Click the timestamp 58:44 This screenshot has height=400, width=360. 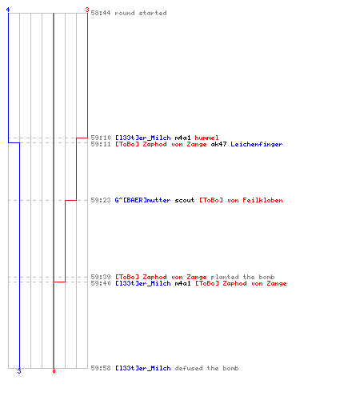pyautogui.click(x=101, y=13)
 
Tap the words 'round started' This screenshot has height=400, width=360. pyautogui.click(x=141, y=13)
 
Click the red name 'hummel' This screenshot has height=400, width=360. pyautogui.click(x=206, y=138)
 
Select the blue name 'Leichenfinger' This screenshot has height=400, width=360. pyautogui.click(x=257, y=144)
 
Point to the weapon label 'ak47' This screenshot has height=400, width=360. pyautogui.click(x=218, y=144)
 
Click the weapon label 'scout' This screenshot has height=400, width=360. pyautogui.click(x=185, y=200)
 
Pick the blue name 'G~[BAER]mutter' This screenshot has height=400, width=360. pyautogui.click(x=142, y=200)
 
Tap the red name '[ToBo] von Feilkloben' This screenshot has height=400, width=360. pyautogui.click(x=241, y=200)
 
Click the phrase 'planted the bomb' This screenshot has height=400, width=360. pyautogui.click(x=242, y=277)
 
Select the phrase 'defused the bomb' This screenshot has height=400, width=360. pyautogui.click(x=206, y=368)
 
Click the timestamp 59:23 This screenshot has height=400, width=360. pyautogui.click(x=101, y=200)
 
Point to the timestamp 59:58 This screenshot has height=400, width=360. pyautogui.click(x=101, y=368)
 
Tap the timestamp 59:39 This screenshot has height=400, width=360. pyautogui.click(x=101, y=277)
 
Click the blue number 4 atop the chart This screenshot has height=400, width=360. pyautogui.click(x=8, y=10)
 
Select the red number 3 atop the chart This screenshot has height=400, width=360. pyautogui.click(x=87, y=10)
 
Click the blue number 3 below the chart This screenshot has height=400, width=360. pyautogui.click(x=19, y=371)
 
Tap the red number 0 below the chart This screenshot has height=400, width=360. pyautogui.click(x=54, y=371)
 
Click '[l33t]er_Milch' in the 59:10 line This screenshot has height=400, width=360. pyautogui.click(x=143, y=138)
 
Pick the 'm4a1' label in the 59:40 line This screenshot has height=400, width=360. pyautogui.click(x=182, y=283)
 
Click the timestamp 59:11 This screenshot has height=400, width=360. pyautogui.click(x=101, y=144)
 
